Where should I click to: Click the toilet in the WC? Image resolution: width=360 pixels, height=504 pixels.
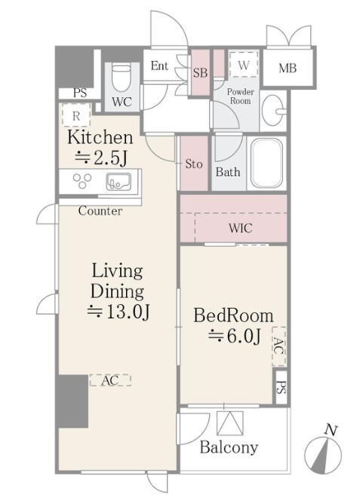coord(122,78)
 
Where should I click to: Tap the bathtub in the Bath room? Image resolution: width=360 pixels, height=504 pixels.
coord(266,163)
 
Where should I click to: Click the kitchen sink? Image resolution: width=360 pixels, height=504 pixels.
coord(118,182)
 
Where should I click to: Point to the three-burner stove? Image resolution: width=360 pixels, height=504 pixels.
coord(82,180)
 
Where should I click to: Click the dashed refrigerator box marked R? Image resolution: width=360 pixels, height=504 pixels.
coord(76,115)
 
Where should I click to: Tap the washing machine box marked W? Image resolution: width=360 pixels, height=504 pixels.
coord(244,64)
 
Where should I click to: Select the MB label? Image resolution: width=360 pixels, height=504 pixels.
coord(288,68)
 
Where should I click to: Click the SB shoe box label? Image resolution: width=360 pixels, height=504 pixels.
coord(200,72)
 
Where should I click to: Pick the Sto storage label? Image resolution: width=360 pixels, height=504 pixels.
coord(194,164)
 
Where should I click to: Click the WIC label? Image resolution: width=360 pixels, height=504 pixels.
coord(241,228)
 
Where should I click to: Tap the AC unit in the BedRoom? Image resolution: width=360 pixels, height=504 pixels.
coord(278,346)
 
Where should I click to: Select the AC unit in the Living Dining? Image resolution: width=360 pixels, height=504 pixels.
coord(110,380)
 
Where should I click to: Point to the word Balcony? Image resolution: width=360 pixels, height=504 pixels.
coord(229,447)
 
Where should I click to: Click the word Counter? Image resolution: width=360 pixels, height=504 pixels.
coord(100,211)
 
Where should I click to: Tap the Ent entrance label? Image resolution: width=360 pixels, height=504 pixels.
coord(159,66)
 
